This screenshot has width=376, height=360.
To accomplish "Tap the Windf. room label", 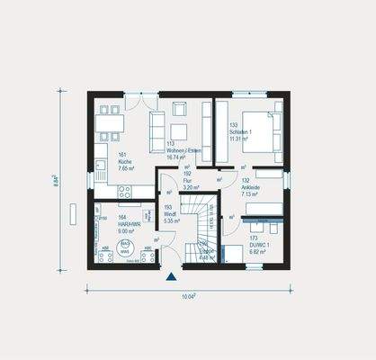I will click(170, 212).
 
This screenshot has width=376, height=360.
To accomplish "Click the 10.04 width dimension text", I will click(188, 294).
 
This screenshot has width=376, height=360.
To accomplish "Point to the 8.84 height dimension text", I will click(55, 181).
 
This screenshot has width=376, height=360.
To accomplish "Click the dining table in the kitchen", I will click(110, 123).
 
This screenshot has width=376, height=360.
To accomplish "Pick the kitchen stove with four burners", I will click(124, 192).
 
